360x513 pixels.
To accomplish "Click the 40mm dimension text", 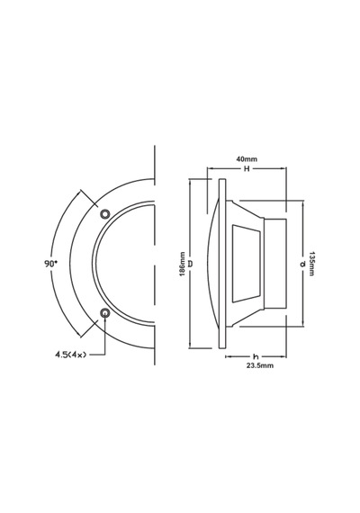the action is [247, 159].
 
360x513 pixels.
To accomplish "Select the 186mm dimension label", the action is [183, 264].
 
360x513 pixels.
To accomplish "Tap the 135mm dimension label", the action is [311, 264].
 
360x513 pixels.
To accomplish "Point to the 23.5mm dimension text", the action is [260, 365].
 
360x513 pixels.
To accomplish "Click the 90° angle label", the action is [50, 264].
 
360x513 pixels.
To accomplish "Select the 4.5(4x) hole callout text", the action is [71, 354].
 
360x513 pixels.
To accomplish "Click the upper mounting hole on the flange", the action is [104, 214].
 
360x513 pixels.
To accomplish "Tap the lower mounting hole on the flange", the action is [104, 313].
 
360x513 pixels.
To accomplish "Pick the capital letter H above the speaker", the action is [247, 169].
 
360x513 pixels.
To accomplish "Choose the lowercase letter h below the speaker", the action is [256, 356].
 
